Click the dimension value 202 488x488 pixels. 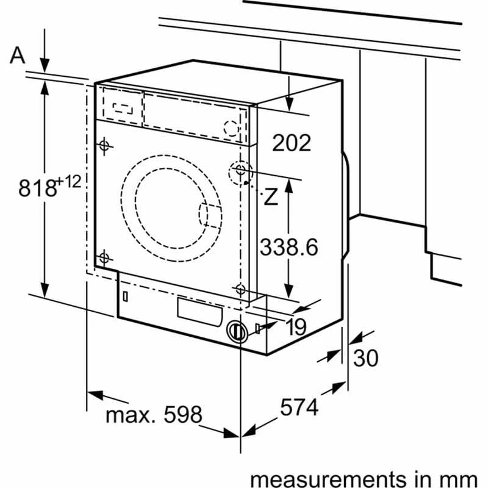click(x=292, y=143)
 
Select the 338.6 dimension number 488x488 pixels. click(x=289, y=247)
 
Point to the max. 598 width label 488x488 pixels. click(x=153, y=415)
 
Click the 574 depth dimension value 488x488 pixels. click(x=300, y=407)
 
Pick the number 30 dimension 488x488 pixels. click(x=366, y=358)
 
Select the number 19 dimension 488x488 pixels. click(x=295, y=328)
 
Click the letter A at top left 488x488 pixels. click(x=18, y=56)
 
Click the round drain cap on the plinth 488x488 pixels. click(x=237, y=331)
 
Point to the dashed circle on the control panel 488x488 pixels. click(x=231, y=128)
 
